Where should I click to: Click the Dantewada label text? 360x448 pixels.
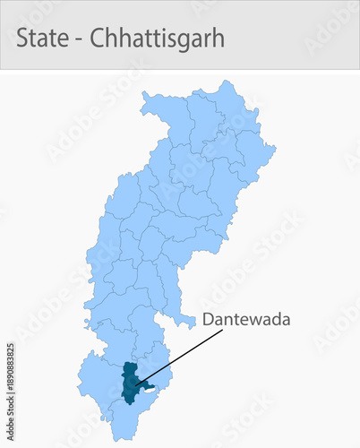[x=246, y=319]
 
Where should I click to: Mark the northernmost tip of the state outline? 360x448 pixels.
[x=221, y=82]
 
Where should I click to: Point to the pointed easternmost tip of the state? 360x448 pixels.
[x=275, y=143]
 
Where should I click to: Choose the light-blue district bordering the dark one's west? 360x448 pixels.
[x=100, y=381]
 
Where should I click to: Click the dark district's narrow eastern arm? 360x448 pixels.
[x=148, y=387]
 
